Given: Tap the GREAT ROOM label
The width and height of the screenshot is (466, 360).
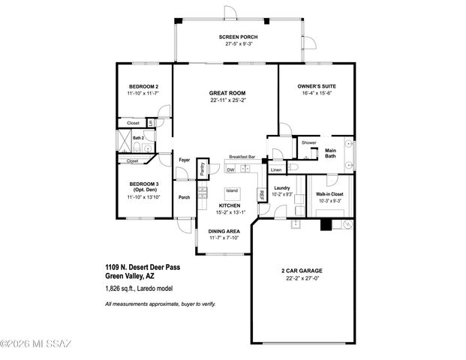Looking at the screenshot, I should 228,93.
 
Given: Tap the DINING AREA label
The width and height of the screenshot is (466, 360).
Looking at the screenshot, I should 223,232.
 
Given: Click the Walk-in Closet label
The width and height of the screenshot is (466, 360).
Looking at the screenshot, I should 329,194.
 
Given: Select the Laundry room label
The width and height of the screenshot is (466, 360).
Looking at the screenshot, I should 282,188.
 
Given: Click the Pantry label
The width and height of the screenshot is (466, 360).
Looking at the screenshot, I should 202,170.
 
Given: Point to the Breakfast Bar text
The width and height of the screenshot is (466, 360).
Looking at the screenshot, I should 242,157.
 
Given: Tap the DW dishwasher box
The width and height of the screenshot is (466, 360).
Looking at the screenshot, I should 231,169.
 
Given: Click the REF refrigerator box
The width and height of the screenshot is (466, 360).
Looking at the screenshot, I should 261,194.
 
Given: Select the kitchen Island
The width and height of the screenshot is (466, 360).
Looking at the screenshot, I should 232,190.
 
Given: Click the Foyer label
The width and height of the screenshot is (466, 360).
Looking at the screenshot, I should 184,160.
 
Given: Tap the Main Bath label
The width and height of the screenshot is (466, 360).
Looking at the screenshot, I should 331,153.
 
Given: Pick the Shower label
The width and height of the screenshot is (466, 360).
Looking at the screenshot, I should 308,142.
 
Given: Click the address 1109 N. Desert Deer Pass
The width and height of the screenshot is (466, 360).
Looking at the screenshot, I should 143,267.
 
